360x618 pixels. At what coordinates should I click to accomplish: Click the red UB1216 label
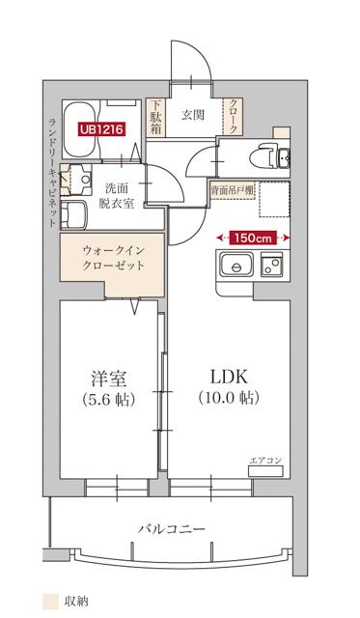[102, 128]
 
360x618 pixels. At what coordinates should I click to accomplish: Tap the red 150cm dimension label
[253, 238]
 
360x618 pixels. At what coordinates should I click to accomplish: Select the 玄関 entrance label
[193, 115]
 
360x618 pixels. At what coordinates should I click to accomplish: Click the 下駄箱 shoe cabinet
[156, 117]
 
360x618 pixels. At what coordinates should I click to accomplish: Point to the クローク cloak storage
[234, 117]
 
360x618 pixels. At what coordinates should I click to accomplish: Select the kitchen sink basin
[236, 265]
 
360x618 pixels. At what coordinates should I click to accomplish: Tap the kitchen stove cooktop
[271, 265]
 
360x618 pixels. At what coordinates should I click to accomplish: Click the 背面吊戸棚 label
[233, 191]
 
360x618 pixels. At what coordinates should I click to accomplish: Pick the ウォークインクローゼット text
[114, 258]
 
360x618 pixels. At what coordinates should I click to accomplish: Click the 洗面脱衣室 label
[117, 196]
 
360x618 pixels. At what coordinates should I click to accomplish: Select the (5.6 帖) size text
[109, 400]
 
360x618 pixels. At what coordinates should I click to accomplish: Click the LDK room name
[230, 377]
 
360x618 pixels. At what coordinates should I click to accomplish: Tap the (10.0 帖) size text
[229, 398]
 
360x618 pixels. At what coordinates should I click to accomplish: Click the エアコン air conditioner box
[265, 470]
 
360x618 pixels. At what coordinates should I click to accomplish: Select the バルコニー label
[172, 528]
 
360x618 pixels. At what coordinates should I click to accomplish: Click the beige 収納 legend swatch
[50, 602]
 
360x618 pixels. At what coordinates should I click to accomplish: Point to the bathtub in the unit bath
[81, 130]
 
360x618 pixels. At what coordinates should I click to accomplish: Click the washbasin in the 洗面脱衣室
[81, 180]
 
